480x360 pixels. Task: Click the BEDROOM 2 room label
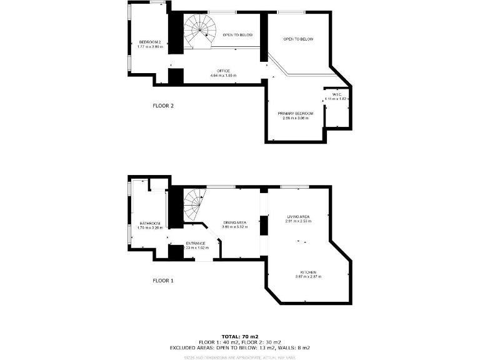pos(150,42)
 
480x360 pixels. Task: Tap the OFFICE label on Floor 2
pos(224,71)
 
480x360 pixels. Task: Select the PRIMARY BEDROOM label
pos(296,113)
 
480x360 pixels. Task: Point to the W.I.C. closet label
pos(335,94)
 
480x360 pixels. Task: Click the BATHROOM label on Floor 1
pos(150,223)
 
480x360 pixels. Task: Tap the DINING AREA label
pos(235,222)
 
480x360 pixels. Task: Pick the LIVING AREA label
pos(297,216)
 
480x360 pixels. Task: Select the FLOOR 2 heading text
pos(163,106)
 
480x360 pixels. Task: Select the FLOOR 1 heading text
pos(163,281)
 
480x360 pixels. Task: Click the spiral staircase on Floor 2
pos(199,31)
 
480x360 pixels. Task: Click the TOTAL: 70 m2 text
pos(239,337)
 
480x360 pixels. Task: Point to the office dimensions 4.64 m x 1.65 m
pos(224,76)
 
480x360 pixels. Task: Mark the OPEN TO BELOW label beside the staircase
pos(238,35)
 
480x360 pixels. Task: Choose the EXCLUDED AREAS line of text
pos(239,347)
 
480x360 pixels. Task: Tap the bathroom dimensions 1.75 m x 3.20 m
pos(150,227)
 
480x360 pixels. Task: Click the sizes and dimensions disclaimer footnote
pos(239,357)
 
